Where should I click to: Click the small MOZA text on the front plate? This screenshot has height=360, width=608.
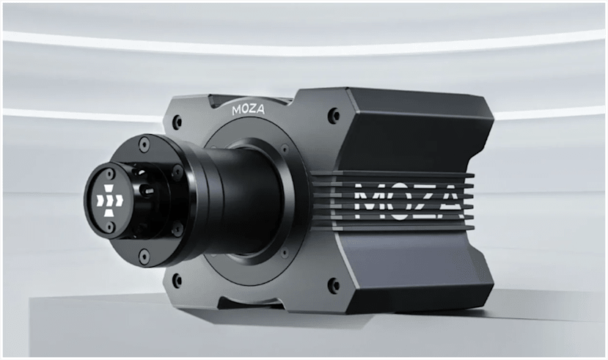[x=247, y=111]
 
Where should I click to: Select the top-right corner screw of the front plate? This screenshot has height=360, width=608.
[x=334, y=115]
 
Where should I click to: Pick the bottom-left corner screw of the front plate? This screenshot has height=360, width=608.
[x=177, y=279]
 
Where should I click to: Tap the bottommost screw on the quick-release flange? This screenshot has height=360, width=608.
[x=144, y=257]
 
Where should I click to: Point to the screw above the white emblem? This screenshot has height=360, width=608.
[x=109, y=173]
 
